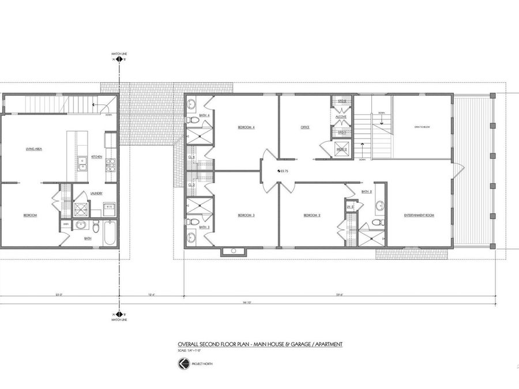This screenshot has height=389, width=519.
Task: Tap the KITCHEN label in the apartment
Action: click(97, 157)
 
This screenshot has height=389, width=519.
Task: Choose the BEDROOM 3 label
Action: click(246, 216)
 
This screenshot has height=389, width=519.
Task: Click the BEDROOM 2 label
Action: click(312, 216)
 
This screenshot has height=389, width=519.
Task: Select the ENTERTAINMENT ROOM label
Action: click(419, 216)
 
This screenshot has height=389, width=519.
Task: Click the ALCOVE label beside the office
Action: click(341, 117)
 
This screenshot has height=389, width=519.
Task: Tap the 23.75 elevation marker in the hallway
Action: click(282, 171)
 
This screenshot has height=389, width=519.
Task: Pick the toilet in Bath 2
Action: click(376, 222)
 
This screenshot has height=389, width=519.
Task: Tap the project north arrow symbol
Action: click(183, 363)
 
